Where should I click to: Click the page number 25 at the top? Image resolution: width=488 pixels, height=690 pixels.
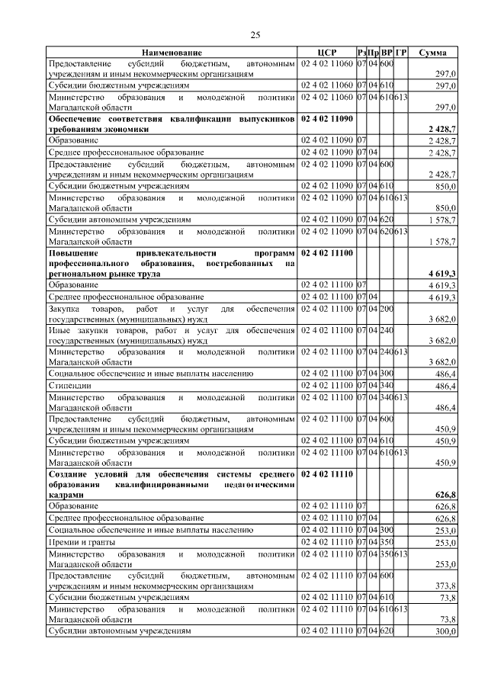256,34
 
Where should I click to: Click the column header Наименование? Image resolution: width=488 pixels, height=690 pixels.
172,53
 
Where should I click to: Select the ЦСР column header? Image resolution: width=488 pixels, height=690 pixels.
326,53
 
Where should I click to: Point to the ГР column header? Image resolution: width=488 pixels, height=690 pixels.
401,53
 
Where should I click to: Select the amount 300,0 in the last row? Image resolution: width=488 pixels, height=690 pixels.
445,632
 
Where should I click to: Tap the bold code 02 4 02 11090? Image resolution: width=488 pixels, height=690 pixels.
326,120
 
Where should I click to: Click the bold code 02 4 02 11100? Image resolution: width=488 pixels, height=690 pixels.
326,252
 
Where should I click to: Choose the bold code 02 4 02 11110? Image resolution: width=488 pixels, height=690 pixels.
326,473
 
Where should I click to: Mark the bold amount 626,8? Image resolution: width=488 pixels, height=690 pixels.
445,495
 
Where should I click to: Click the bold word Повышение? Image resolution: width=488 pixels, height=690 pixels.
75,252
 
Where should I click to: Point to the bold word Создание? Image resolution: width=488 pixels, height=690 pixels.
72,473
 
